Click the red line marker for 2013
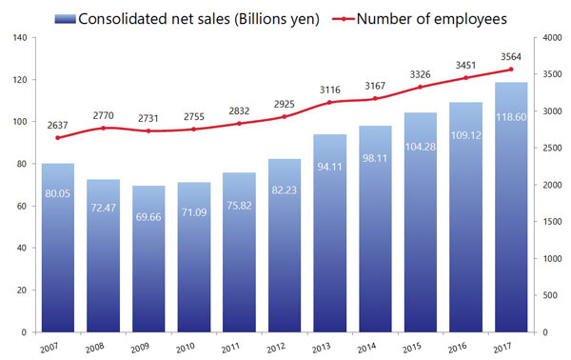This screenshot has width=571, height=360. pyautogui.click(x=329, y=102)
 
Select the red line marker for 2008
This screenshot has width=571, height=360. pyautogui.click(x=104, y=128)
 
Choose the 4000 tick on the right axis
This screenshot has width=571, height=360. pyautogui.click(x=548, y=38)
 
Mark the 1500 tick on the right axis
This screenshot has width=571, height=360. pyautogui.click(x=548, y=222)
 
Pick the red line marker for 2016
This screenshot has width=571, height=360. pyautogui.click(x=465, y=78)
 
